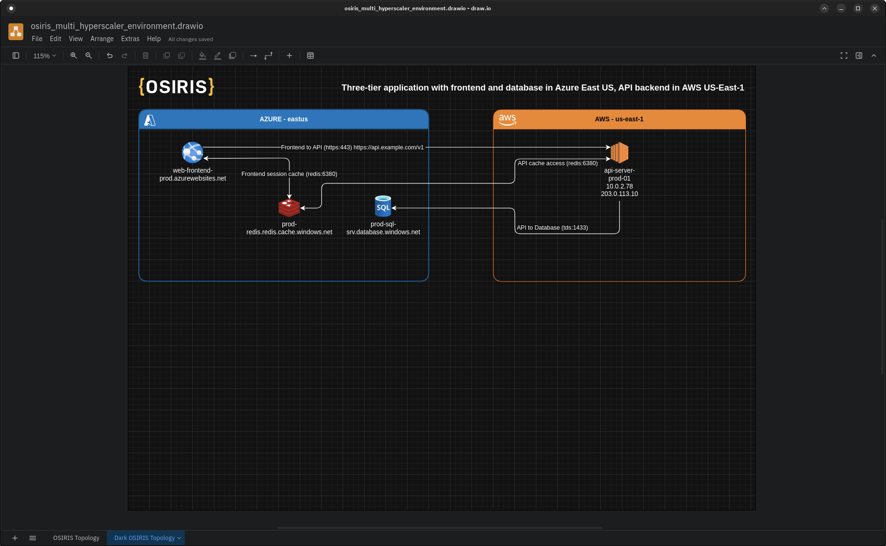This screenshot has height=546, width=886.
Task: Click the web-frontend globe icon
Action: [x=192, y=153]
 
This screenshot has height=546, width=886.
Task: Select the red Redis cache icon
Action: [x=289, y=208]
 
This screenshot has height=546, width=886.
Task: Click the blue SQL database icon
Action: [x=383, y=206]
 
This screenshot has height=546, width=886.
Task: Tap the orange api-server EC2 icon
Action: [x=619, y=153]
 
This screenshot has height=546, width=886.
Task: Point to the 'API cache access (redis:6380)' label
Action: [x=557, y=163]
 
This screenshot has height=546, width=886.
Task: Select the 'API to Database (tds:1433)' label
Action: [x=552, y=228]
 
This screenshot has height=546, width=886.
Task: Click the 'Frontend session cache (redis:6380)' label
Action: [x=289, y=174]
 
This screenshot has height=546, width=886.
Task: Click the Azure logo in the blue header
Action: [x=150, y=120]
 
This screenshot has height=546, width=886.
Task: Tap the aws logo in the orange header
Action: [x=507, y=119]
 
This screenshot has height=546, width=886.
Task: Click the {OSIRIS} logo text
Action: [x=176, y=87]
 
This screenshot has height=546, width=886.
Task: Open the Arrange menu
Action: [x=102, y=39]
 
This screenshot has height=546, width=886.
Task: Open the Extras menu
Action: [x=130, y=39]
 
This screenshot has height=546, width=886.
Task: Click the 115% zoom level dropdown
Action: [x=44, y=56]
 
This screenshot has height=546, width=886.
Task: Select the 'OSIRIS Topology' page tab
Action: [x=76, y=538]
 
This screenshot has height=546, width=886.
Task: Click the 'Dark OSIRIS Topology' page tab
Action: [x=144, y=538]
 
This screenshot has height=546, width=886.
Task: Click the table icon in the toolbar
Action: [x=310, y=56]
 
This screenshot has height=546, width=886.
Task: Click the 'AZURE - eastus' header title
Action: [x=283, y=119]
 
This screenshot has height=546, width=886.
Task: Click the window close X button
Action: [x=874, y=8]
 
